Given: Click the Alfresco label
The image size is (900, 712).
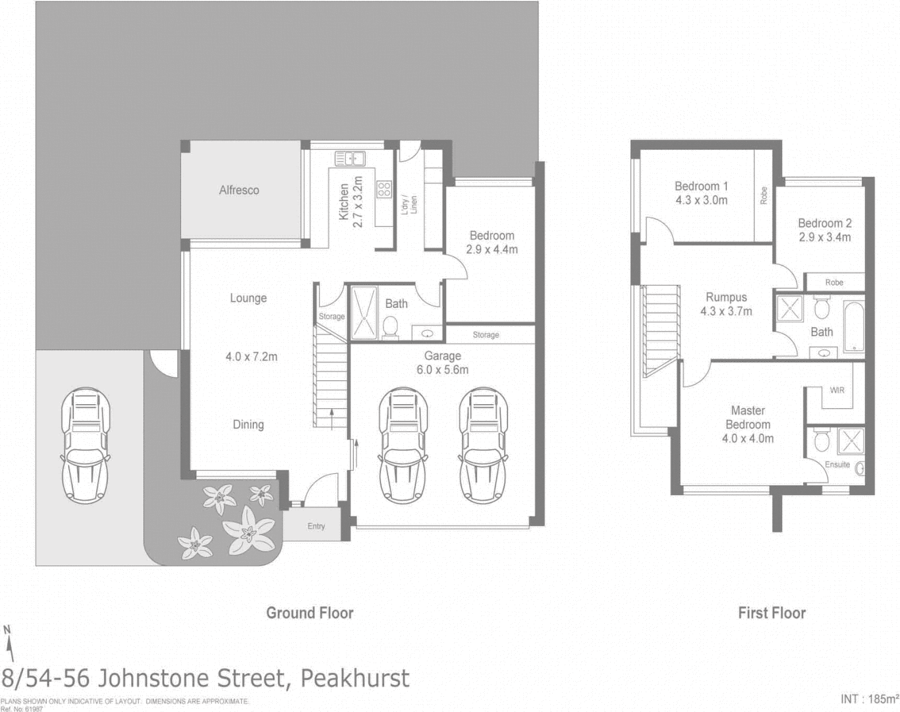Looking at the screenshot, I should [239, 190].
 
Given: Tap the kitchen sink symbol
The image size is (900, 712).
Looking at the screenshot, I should [350, 159].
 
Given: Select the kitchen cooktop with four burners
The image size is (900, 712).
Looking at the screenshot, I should [384, 190].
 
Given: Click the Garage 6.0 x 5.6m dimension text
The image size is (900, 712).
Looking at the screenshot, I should [442, 370].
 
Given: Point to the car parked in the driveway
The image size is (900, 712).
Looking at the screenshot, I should [85, 446].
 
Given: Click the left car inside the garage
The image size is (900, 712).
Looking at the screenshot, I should [403, 446].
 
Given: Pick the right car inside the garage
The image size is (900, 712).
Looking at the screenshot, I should [483, 446].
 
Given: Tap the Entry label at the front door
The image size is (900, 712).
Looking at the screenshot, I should [316, 526].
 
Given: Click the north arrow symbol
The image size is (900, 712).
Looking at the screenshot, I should [9, 643].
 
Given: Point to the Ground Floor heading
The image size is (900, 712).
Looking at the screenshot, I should [310, 613].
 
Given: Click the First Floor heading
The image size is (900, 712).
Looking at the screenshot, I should [772, 613].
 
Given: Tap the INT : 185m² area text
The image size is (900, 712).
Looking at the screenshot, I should [869, 699].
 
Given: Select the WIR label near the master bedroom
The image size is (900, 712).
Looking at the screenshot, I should [837, 390].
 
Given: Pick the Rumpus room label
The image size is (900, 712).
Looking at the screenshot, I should [726, 297].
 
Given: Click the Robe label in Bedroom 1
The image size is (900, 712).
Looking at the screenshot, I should [764, 195].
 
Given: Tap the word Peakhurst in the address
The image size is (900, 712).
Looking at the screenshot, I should [354, 678].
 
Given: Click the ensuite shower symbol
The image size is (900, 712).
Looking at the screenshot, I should [851, 441].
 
